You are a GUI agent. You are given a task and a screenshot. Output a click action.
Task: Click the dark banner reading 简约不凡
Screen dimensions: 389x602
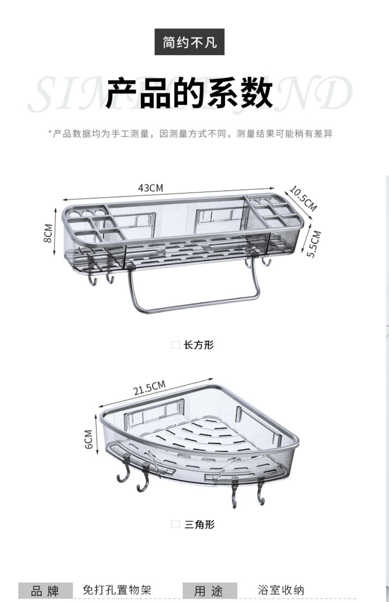pos(189,42)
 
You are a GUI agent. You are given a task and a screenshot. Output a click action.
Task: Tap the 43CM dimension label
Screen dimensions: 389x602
pos(151,188)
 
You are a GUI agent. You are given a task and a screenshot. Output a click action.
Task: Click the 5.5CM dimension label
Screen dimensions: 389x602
pos(314,244)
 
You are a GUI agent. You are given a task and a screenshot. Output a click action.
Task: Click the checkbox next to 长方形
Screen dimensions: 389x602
pos(175,345)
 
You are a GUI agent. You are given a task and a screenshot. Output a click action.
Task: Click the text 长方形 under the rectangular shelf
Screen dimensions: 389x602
pos(199,345)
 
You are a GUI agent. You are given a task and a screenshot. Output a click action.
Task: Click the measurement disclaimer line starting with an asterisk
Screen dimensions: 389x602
pos(191,134)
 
